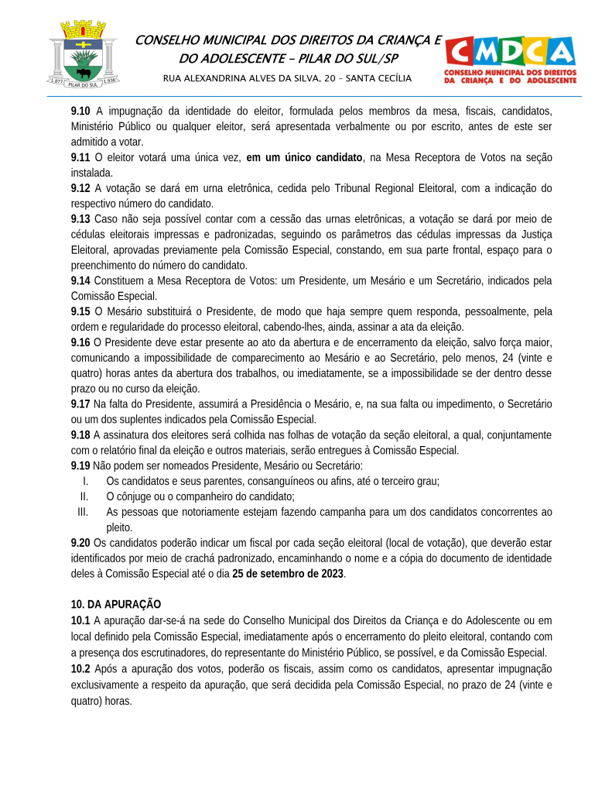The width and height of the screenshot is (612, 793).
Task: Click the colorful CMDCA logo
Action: click(510, 59)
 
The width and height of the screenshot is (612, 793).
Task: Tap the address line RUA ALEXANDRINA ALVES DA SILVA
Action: click(287, 78)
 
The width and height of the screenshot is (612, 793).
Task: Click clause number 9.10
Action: click(80, 111)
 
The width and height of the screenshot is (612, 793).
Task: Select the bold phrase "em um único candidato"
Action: click(304, 157)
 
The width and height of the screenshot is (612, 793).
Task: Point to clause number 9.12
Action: click(80, 187)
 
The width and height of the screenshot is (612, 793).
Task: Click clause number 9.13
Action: click(80, 218)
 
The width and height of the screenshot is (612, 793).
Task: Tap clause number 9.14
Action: click(80, 280)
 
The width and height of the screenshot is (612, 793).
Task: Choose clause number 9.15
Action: click(80, 311)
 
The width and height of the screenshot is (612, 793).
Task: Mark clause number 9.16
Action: click(80, 342)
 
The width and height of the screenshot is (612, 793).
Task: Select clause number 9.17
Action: click(80, 403)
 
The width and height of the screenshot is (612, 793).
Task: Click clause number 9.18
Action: click(80, 434)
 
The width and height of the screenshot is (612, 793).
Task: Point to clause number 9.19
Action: click(80, 465)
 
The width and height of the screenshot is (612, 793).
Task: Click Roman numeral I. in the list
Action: click(85, 481)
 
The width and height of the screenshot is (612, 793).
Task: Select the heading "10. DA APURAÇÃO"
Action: click(116, 604)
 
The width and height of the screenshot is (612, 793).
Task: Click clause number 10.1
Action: click(80, 620)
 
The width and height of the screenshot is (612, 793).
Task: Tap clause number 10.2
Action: click(80, 668)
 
